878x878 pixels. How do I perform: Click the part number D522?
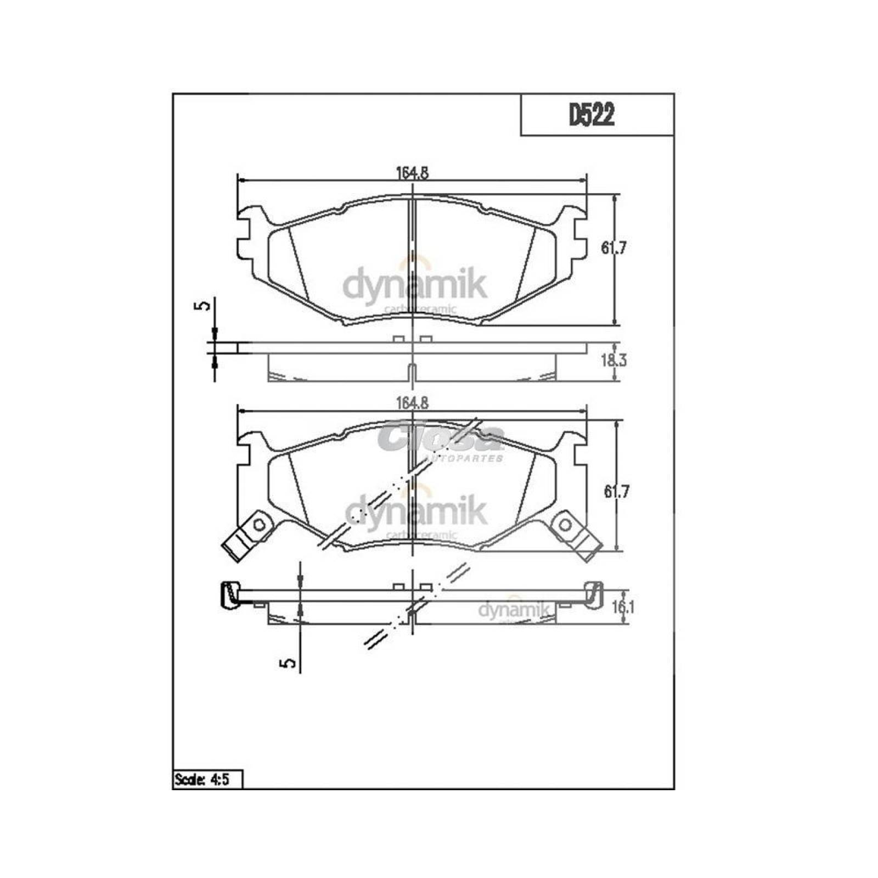point(591,116)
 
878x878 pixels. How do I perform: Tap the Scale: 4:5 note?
point(207,779)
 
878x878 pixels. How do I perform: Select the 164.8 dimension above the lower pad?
point(412,403)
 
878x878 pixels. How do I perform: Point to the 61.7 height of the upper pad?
point(614,248)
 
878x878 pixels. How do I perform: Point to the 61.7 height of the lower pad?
point(616,492)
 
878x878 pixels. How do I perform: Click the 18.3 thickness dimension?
point(614,361)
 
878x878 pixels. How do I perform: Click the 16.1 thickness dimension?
point(623,607)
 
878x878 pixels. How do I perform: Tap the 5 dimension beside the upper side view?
point(204,306)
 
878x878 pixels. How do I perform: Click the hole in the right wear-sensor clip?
point(565,525)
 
